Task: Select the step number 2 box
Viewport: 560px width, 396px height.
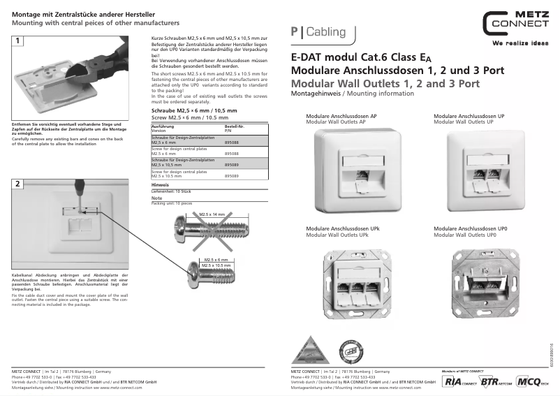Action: [x=17, y=184]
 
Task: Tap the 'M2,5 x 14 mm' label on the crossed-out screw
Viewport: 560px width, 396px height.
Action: [x=212, y=214]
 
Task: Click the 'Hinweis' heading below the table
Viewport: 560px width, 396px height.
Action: [x=161, y=184]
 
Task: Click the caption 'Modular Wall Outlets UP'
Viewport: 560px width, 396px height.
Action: [x=464, y=122]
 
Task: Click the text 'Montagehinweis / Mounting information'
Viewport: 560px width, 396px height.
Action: [x=347, y=93]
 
